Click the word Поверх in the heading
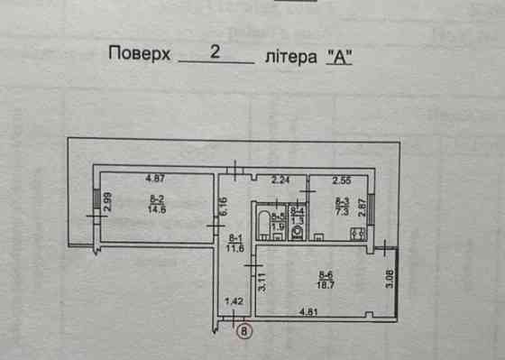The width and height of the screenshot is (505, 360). [x=139, y=53]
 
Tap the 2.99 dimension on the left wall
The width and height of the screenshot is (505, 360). [x=106, y=203]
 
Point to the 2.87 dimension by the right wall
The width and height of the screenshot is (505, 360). [x=363, y=207]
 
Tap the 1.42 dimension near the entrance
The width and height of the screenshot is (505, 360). [x=234, y=303]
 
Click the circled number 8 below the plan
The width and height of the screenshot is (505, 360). [x=242, y=330]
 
